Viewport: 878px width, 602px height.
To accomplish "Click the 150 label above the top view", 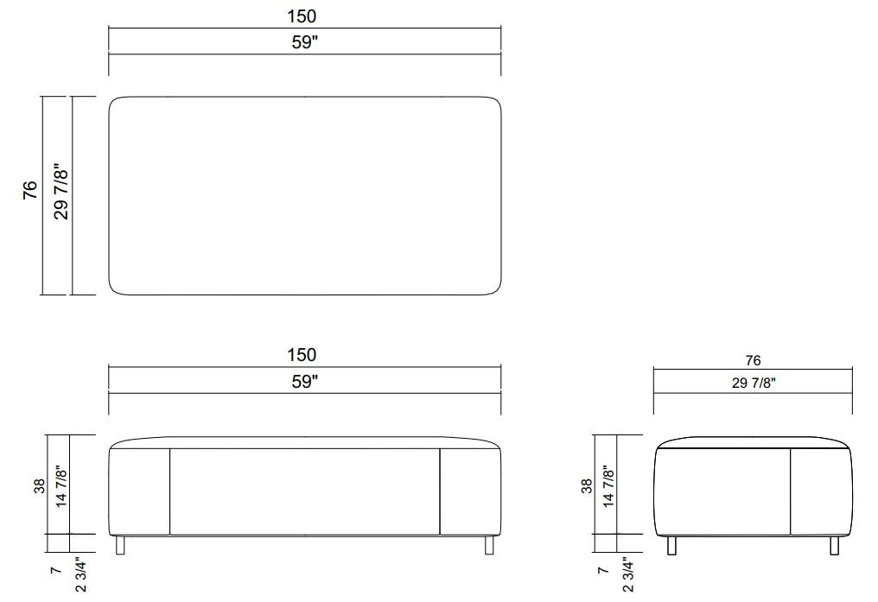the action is (x=302, y=16).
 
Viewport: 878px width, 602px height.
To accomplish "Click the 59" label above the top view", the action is (x=304, y=42).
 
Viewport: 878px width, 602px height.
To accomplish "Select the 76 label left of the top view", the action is (x=30, y=190).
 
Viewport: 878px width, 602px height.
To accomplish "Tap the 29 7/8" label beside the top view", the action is (x=61, y=192).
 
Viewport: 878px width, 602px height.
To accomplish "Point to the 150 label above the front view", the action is (x=302, y=355).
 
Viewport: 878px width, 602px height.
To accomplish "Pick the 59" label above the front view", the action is (x=304, y=382).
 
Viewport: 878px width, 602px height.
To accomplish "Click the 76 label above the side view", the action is (x=753, y=361).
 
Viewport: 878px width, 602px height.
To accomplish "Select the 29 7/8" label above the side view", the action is (x=754, y=383).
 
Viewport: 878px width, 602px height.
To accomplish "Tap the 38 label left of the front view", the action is (x=39, y=486).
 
